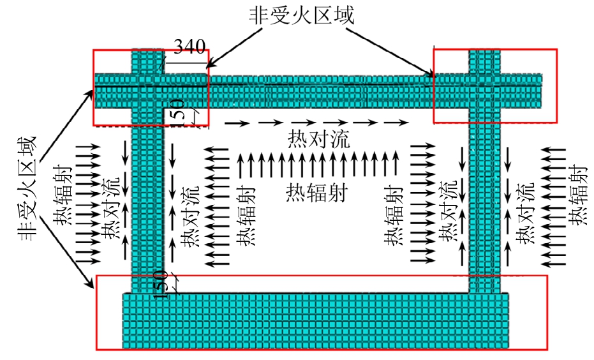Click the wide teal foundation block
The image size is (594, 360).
tap(316, 320)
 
